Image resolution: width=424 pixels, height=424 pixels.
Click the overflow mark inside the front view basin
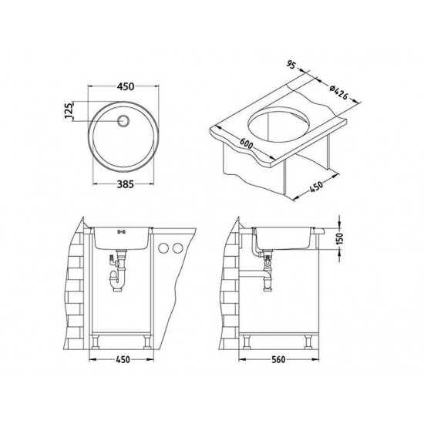[x=119, y=231]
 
